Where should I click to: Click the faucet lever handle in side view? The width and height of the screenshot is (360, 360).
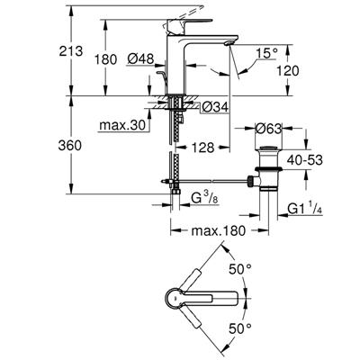coord(196,8)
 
